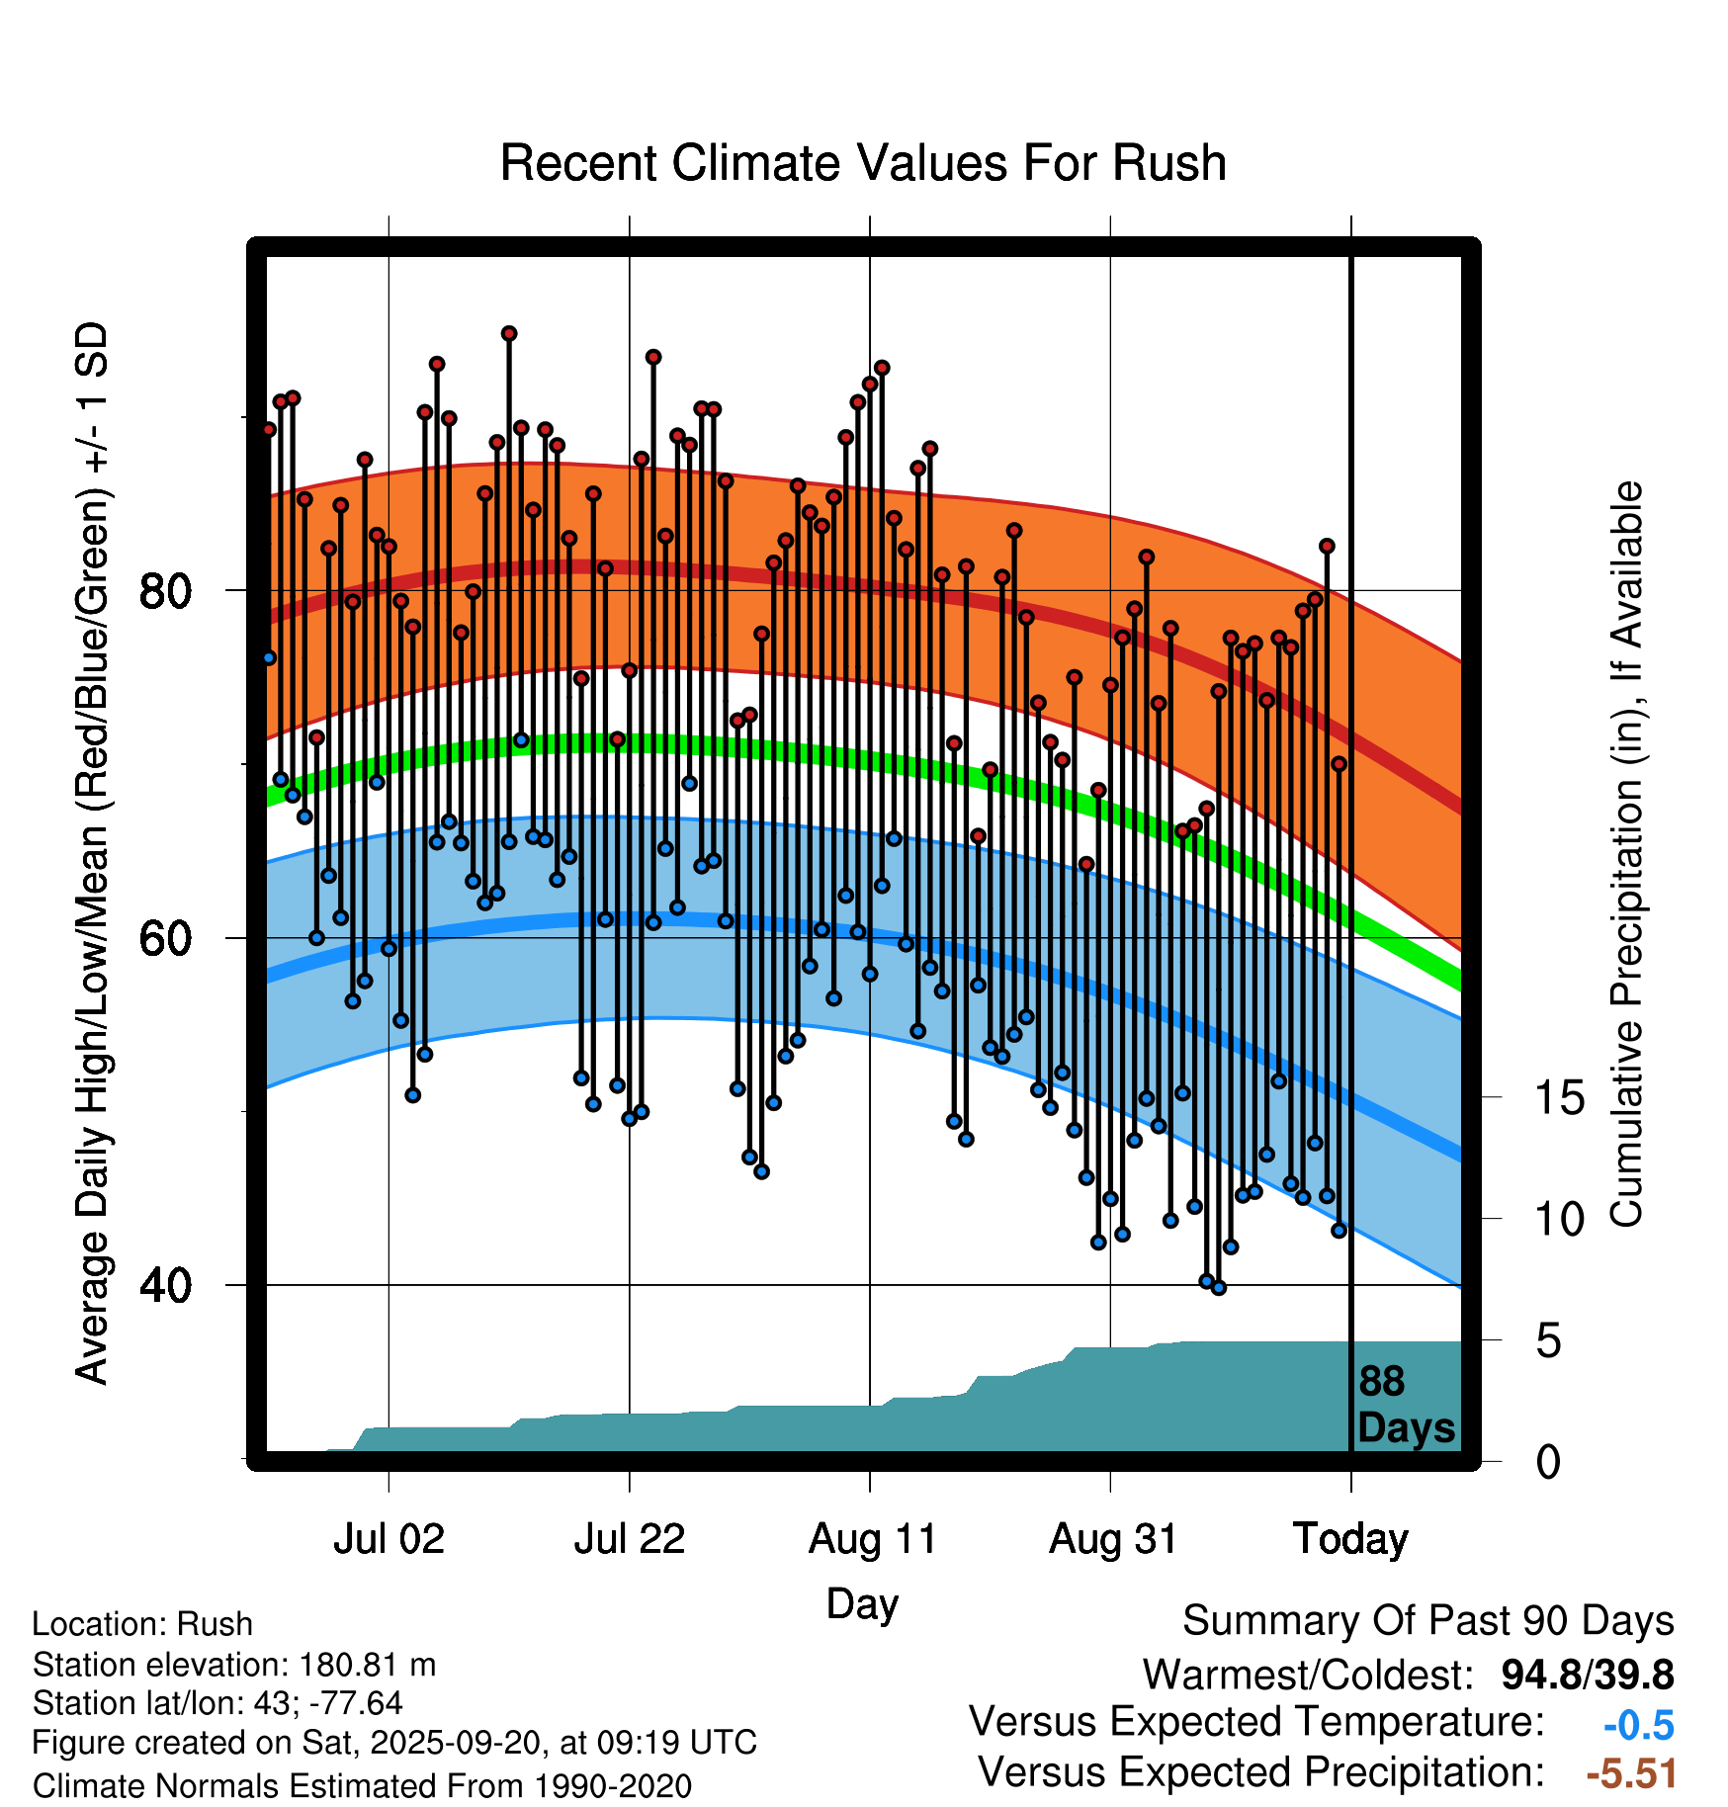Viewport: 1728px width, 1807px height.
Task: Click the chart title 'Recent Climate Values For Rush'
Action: point(863,163)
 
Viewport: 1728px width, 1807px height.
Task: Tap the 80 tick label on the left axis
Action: point(165,591)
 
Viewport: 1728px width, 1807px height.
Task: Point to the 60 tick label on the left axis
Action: point(165,938)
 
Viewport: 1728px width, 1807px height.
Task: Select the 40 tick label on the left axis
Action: point(165,1286)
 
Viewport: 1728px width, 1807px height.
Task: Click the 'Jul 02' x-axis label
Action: point(389,1539)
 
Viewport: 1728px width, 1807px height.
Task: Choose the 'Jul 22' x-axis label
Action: point(630,1539)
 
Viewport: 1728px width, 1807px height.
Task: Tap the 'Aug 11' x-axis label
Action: point(872,1539)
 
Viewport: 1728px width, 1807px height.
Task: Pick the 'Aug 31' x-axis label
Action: point(1112,1539)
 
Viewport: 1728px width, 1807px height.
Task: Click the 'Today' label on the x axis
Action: point(1350,1539)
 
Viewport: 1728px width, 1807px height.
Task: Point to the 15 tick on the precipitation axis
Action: point(1559,1097)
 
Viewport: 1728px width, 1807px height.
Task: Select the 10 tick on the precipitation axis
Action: point(1559,1220)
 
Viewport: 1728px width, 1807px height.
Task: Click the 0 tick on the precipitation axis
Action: point(1548,1462)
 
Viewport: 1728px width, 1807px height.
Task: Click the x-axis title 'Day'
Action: point(862,1603)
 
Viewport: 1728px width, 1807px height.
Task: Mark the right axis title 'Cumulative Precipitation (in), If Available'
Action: point(1626,854)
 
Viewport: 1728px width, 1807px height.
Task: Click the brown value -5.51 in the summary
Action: point(1631,1773)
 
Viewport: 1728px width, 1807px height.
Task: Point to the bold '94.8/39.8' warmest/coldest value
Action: point(1587,1675)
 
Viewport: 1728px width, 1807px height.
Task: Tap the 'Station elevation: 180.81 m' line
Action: point(234,1665)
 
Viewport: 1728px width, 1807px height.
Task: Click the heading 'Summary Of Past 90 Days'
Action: point(1427,1621)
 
